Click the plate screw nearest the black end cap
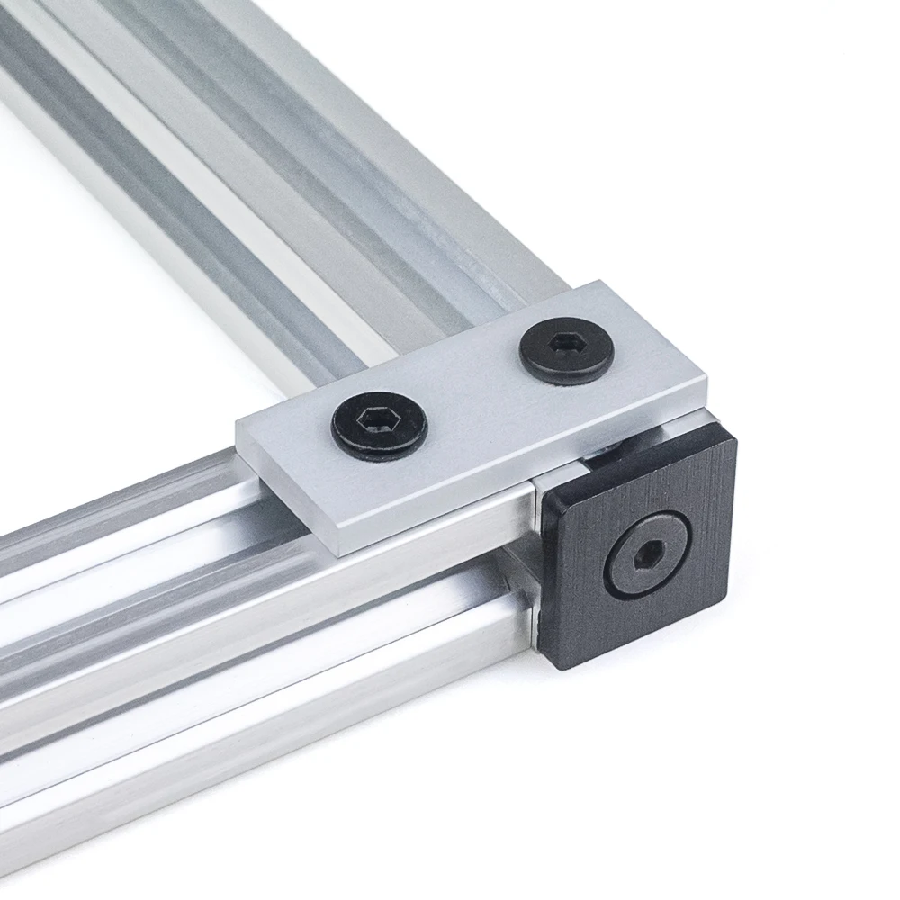[x=567, y=350]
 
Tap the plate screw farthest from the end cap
[x=380, y=422]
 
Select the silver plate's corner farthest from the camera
[x=598, y=284]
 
